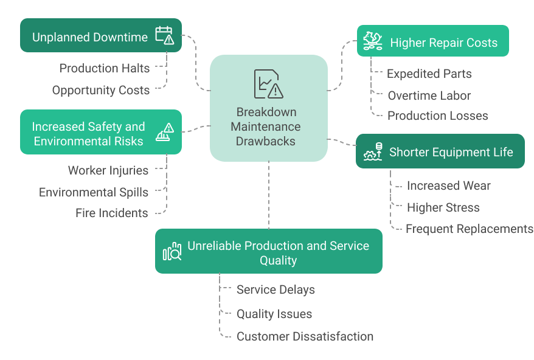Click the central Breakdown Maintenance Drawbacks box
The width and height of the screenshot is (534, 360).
[x=268, y=108]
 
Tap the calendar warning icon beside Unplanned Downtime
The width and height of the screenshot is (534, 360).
[x=164, y=35]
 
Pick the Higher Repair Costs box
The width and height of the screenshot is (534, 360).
[x=432, y=41]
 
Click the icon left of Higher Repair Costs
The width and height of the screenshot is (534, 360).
[x=372, y=41]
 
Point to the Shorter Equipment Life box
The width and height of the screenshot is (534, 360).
[x=440, y=151]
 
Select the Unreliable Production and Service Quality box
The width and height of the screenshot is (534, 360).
[x=268, y=252]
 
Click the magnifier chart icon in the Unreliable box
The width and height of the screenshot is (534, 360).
[x=172, y=252]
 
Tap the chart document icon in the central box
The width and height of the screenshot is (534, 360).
[x=268, y=83]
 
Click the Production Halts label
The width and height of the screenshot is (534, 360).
[x=104, y=68]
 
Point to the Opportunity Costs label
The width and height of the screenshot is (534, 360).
[x=100, y=90]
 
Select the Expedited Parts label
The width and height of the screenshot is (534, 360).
[x=429, y=74]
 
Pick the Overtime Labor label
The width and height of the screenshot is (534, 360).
[x=429, y=95]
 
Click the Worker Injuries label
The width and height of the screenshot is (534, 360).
[x=108, y=170]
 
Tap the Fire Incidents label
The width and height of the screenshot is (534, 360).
[x=111, y=213]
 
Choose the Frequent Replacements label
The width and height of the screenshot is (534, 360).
[x=469, y=229]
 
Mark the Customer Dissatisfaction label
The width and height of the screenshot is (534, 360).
[x=305, y=336]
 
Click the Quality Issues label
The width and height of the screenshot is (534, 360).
[x=274, y=314]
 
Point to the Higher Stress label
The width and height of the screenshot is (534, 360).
[x=443, y=207]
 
